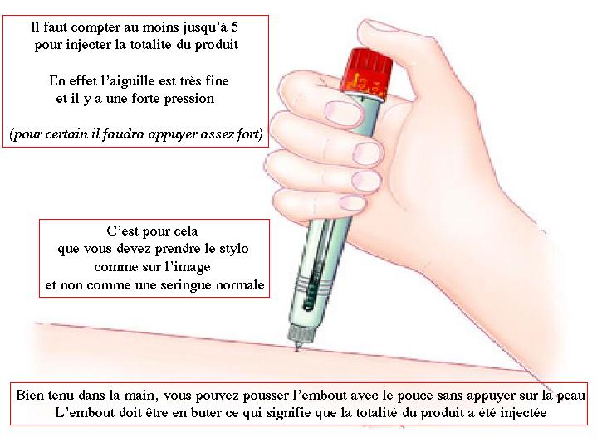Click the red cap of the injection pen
[x=367, y=75]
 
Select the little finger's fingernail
[x=353, y=202]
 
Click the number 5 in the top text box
[x=234, y=27]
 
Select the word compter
[x=95, y=28]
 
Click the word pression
[x=188, y=100]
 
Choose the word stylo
[x=234, y=250]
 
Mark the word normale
[x=240, y=284]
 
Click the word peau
[x=571, y=396]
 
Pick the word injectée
[x=523, y=414]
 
